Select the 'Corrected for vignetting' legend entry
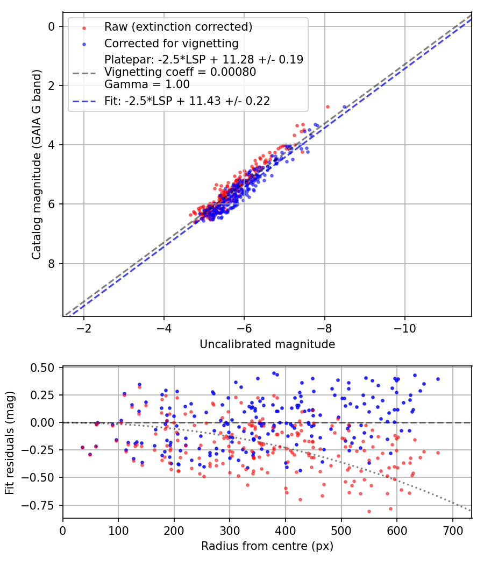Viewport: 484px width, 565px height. [x=171, y=43]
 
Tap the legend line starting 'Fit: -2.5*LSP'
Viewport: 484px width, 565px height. [x=187, y=100]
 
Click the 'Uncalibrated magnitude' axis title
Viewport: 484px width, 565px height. [x=267, y=344]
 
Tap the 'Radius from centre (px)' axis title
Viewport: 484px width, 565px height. [x=267, y=546]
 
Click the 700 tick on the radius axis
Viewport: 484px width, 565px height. [x=452, y=531]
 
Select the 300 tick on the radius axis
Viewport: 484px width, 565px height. [x=230, y=531]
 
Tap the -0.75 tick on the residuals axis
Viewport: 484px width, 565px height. [x=42, y=505]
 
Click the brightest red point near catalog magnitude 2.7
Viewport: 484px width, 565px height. [x=328, y=107]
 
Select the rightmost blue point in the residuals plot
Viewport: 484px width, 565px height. [x=438, y=379]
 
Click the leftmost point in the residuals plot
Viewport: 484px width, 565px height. [x=82, y=447]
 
